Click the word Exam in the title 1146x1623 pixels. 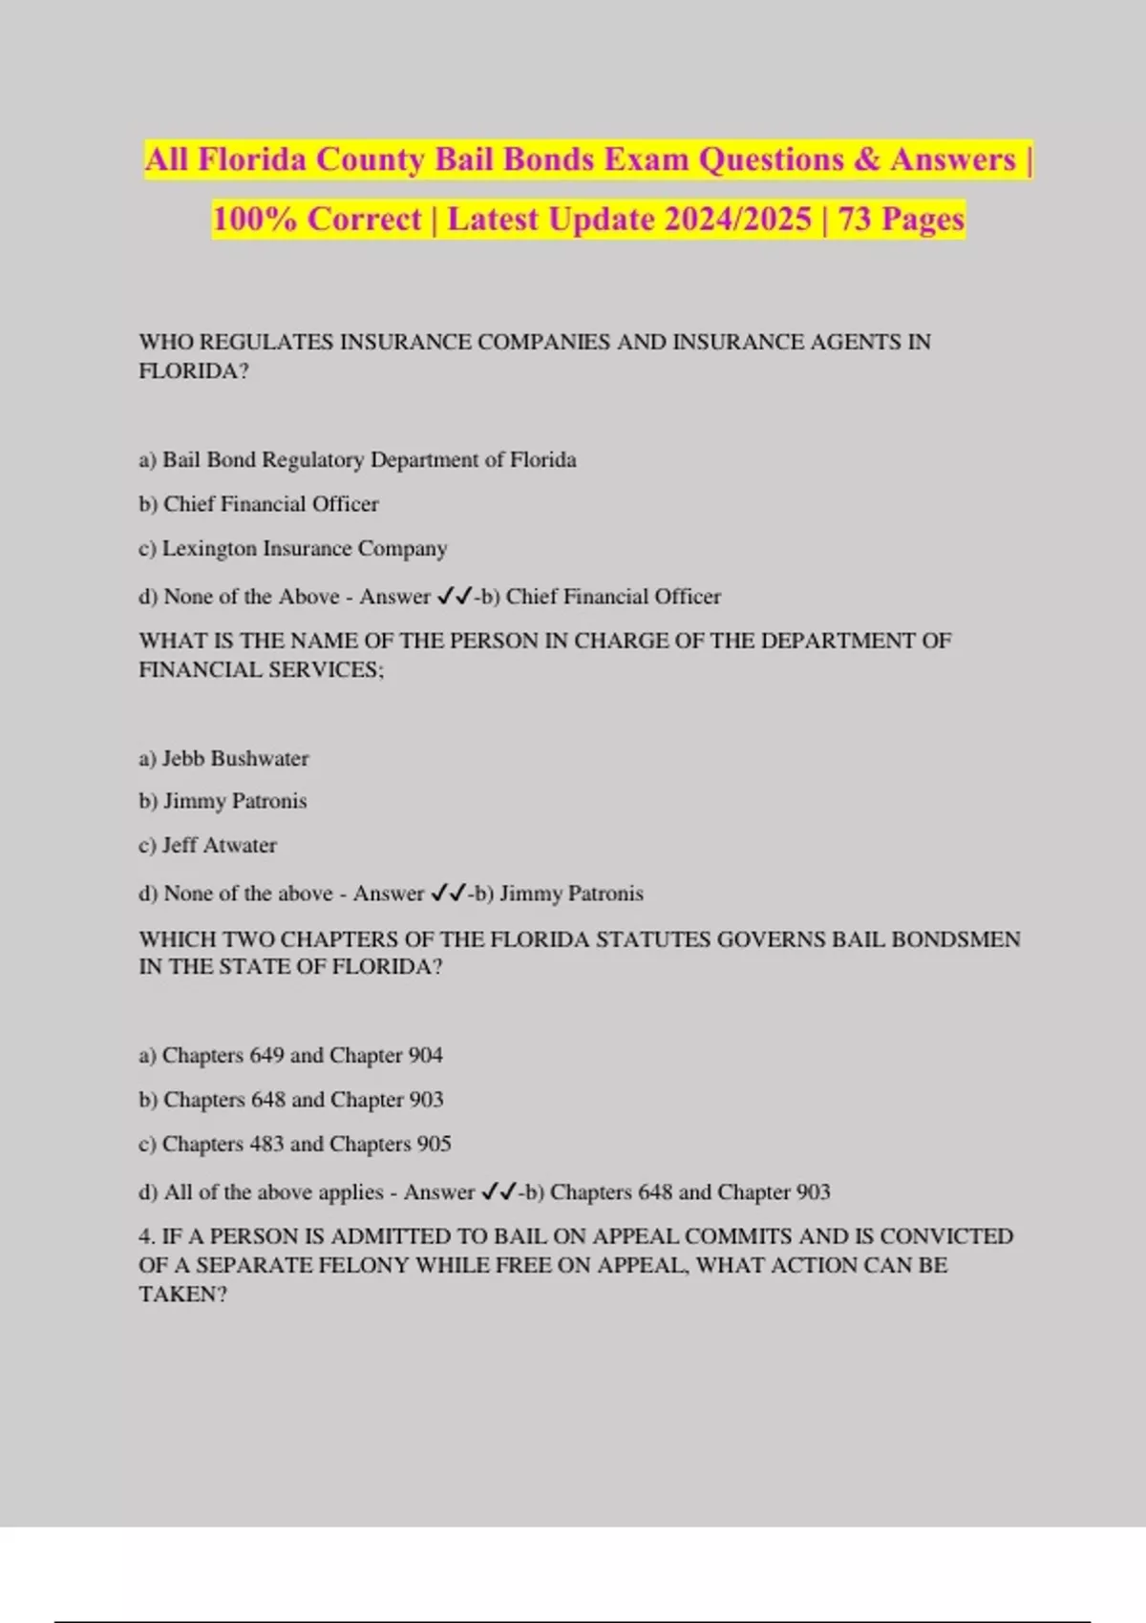coord(646,159)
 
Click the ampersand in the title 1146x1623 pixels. coord(867,159)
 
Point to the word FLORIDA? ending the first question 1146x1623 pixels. coord(194,371)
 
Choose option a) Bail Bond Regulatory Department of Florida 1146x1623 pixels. coord(357,460)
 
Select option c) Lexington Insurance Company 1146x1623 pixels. coord(292,549)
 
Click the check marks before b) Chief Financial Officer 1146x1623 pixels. coord(455,597)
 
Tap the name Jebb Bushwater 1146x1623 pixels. coord(235,759)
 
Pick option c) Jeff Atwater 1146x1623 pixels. coord(207,846)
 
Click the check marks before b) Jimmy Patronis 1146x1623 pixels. coord(449,894)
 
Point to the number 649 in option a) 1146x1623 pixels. coord(266,1056)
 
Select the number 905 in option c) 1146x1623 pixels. coord(434,1145)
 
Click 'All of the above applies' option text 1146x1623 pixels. coord(273,1192)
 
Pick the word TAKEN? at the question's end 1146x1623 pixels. coord(183,1295)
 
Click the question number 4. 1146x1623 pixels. coord(146,1237)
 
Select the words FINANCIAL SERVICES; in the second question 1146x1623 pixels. coord(261,670)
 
